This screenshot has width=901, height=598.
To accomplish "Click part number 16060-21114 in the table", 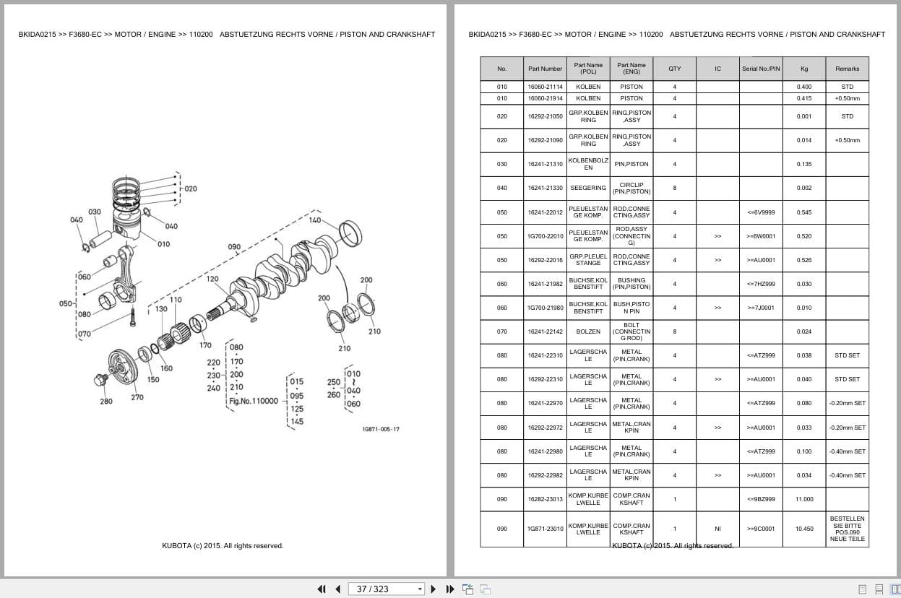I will pos(545,87).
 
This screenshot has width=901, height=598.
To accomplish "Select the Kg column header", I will pos(804,69).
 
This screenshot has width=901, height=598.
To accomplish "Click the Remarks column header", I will pos(847,69).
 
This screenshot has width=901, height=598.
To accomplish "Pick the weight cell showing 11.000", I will pos(804,499).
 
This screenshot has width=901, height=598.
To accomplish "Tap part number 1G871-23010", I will pos(545,529).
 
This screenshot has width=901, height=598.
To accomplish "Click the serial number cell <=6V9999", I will pos(761,212).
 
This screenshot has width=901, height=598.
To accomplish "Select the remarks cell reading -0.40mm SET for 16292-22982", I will pos(847,475).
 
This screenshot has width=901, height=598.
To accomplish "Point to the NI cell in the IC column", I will pos(717,529).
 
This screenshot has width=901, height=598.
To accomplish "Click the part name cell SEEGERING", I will pos(588,188).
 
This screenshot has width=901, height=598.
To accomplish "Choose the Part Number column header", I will pos(545,69).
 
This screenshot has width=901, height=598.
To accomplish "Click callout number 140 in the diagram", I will pos(315,220).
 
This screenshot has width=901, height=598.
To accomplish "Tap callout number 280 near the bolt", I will pos(106,402).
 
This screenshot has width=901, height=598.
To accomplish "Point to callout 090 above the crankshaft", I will pos(234,247).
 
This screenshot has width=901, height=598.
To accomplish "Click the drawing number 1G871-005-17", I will pos(381,429).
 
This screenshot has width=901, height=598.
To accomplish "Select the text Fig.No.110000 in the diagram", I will pos(254,401).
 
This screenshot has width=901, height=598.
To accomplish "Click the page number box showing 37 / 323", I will pos(386,589).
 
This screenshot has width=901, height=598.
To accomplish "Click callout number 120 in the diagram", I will pos(212,279).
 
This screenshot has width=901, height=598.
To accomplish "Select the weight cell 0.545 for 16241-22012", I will pos(804,212).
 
